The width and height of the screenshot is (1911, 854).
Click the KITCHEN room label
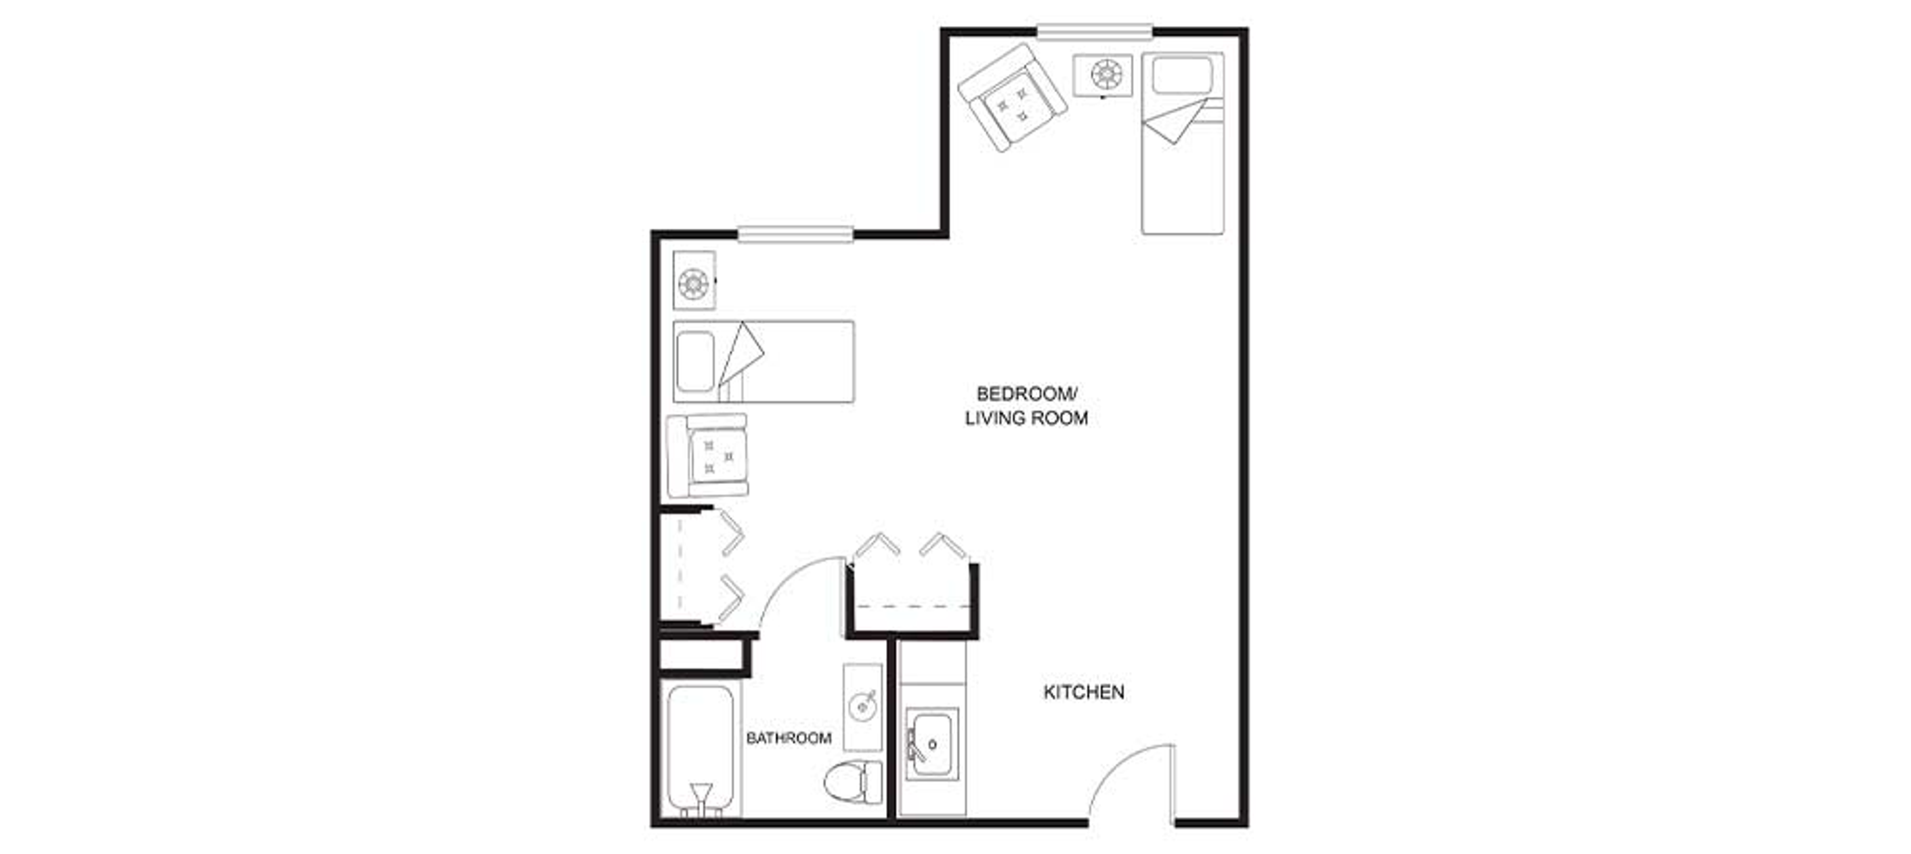pos(1084,692)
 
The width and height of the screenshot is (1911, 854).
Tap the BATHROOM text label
pos(789,738)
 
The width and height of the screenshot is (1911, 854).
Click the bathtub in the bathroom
pos(701,751)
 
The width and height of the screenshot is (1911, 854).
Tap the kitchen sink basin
pos(933,744)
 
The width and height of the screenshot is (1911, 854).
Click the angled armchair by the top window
pos(1012,97)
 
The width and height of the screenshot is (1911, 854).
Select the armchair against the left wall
pos(708,455)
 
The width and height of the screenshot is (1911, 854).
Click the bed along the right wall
pos(1182,143)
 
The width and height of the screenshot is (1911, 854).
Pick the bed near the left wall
pos(763,361)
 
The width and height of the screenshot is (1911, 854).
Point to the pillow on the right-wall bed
pos(1182,75)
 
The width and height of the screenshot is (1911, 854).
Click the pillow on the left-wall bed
pos(696,361)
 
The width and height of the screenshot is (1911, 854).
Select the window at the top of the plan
pos(1094,31)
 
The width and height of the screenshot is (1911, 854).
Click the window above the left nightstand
pos(796,234)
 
